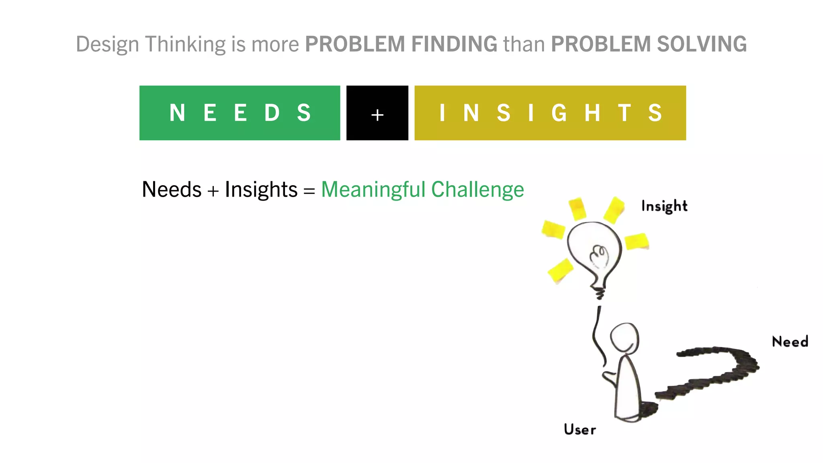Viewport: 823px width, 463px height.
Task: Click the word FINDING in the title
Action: [x=454, y=44]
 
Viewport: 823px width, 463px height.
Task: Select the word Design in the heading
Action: [x=107, y=45]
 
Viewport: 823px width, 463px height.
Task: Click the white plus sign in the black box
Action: [x=377, y=115]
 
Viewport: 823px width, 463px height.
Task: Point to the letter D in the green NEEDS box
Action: [x=272, y=113]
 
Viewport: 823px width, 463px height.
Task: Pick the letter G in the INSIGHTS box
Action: [x=559, y=113]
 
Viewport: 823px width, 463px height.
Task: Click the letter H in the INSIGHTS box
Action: [x=592, y=113]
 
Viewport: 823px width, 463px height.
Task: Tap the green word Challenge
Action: [x=477, y=190]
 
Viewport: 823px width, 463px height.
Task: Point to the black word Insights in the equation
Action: [x=261, y=190]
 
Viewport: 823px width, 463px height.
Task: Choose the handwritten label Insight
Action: [x=664, y=206]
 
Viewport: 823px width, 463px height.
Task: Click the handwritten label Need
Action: [x=790, y=342]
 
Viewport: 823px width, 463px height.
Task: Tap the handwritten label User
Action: [x=580, y=429]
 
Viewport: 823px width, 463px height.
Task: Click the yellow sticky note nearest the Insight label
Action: [x=614, y=209]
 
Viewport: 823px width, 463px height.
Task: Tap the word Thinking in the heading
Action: [x=185, y=45]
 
